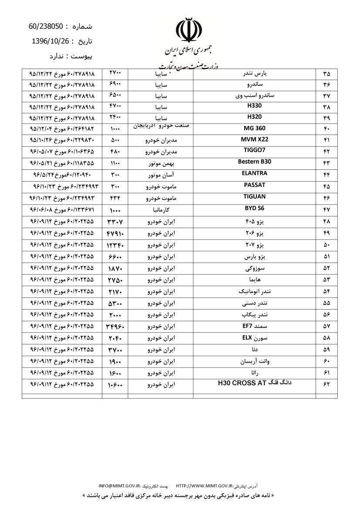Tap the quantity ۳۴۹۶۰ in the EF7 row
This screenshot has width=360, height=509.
pyautogui.click(x=115, y=326)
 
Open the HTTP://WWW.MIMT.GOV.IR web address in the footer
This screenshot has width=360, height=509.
pyautogui.click(x=204, y=485)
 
